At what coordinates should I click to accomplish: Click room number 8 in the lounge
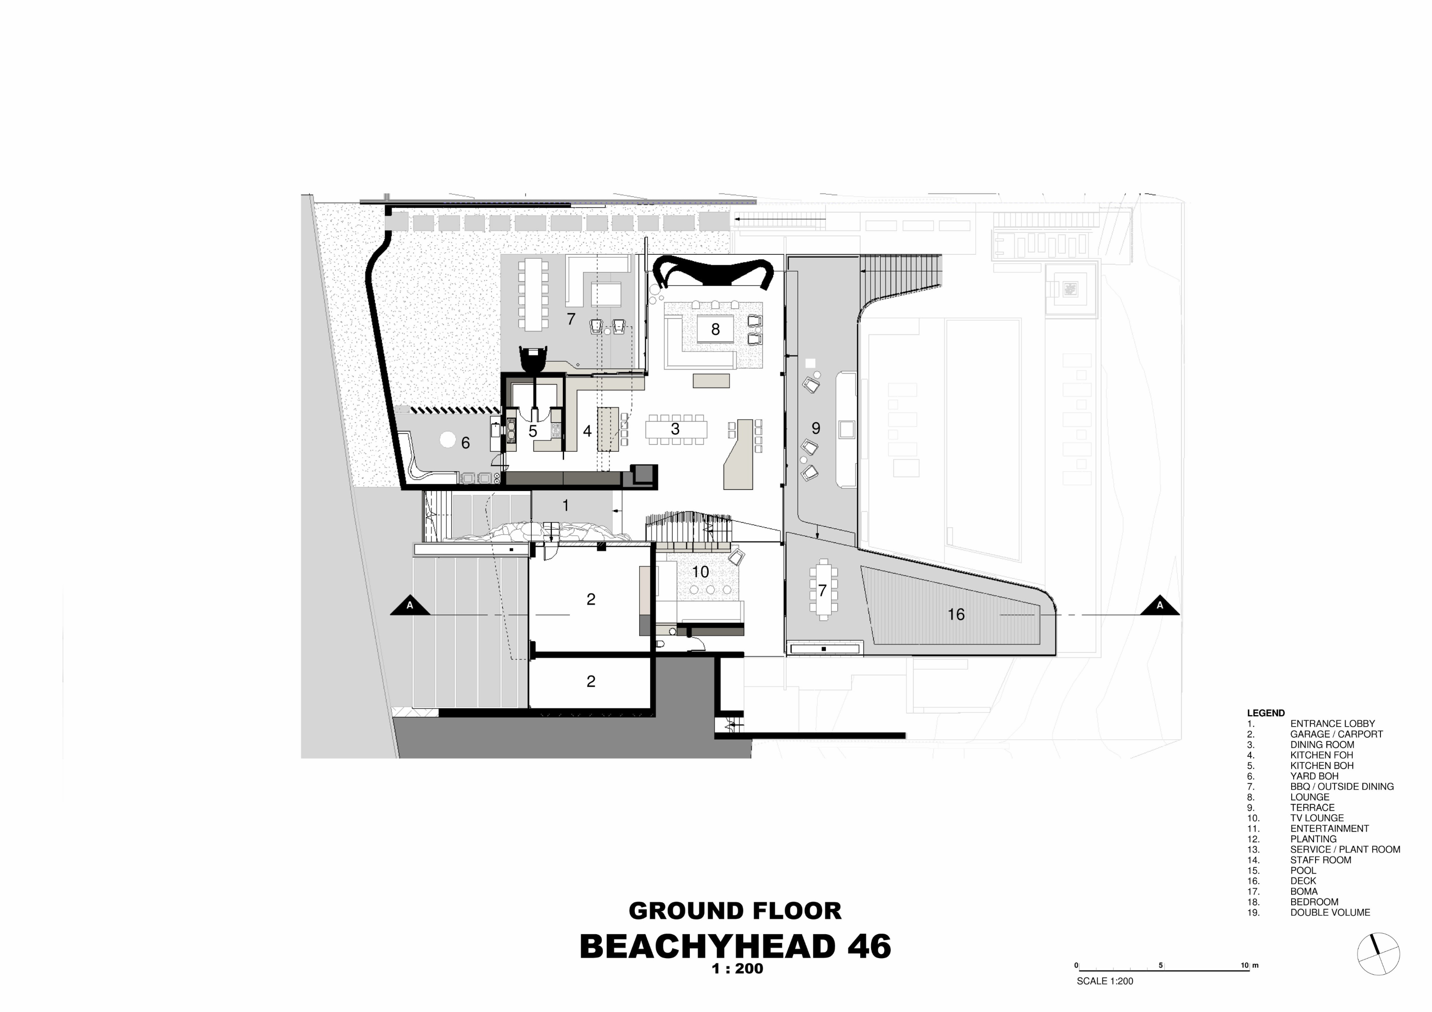(x=716, y=329)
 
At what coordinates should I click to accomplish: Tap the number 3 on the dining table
(x=675, y=429)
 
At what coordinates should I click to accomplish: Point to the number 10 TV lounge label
(x=700, y=572)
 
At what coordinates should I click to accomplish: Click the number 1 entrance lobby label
(x=566, y=506)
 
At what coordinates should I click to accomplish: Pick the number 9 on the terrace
(x=816, y=428)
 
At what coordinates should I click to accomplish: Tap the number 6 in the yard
(x=465, y=443)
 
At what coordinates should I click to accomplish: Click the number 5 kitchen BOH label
(x=533, y=431)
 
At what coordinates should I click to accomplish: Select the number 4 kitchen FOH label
(x=587, y=431)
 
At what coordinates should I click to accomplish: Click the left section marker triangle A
(x=410, y=606)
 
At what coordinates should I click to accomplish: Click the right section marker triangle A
(x=1159, y=606)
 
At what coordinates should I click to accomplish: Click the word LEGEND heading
(x=1265, y=713)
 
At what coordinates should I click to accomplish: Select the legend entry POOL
(x=1303, y=870)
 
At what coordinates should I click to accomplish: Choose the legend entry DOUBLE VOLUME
(x=1330, y=912)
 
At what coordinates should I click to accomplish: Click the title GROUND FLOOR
(x=735, y=911)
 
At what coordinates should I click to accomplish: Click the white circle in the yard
(x=447, y=439)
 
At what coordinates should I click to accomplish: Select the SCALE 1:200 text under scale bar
(x=1105, y=981)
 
